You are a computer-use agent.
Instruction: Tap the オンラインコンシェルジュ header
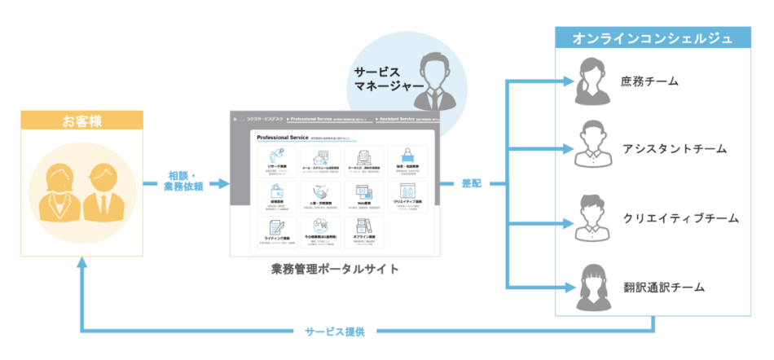(652, 38)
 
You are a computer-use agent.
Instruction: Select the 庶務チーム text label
(649, 81)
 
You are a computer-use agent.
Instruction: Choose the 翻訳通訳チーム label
(662, 287)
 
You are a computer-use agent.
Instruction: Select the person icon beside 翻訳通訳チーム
(594, 284)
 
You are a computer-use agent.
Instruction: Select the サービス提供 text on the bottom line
(334, 331)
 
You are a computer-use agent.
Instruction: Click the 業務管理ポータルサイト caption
(335, 268)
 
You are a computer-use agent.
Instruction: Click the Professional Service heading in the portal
(281, 138)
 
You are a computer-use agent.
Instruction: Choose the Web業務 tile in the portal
(363, 195)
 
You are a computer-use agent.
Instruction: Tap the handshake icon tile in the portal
(319, 195)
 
